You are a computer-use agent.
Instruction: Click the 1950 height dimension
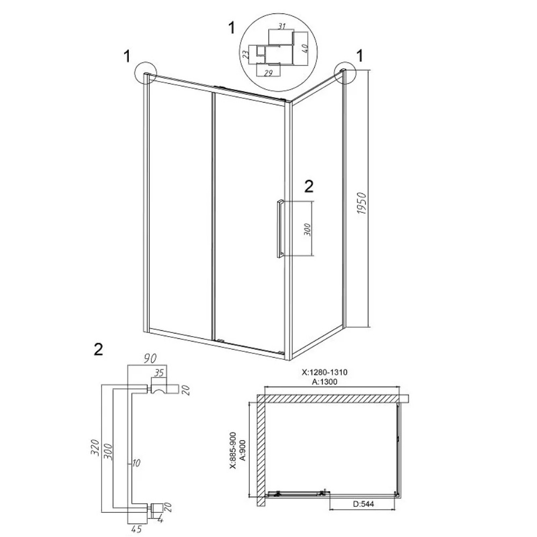click(361, 204)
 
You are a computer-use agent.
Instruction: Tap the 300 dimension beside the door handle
click(307, 229)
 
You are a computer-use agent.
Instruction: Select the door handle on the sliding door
click(280, 228)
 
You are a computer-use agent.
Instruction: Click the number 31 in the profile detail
click(281, 26)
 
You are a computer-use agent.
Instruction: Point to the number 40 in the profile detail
click(306, 46)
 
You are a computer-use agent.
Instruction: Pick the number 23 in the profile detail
click(246, 55)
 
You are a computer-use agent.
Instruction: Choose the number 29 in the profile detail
click(268, 72)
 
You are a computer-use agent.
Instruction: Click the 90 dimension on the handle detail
click(150, 359)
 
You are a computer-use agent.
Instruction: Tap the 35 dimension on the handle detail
click(158, 373)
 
